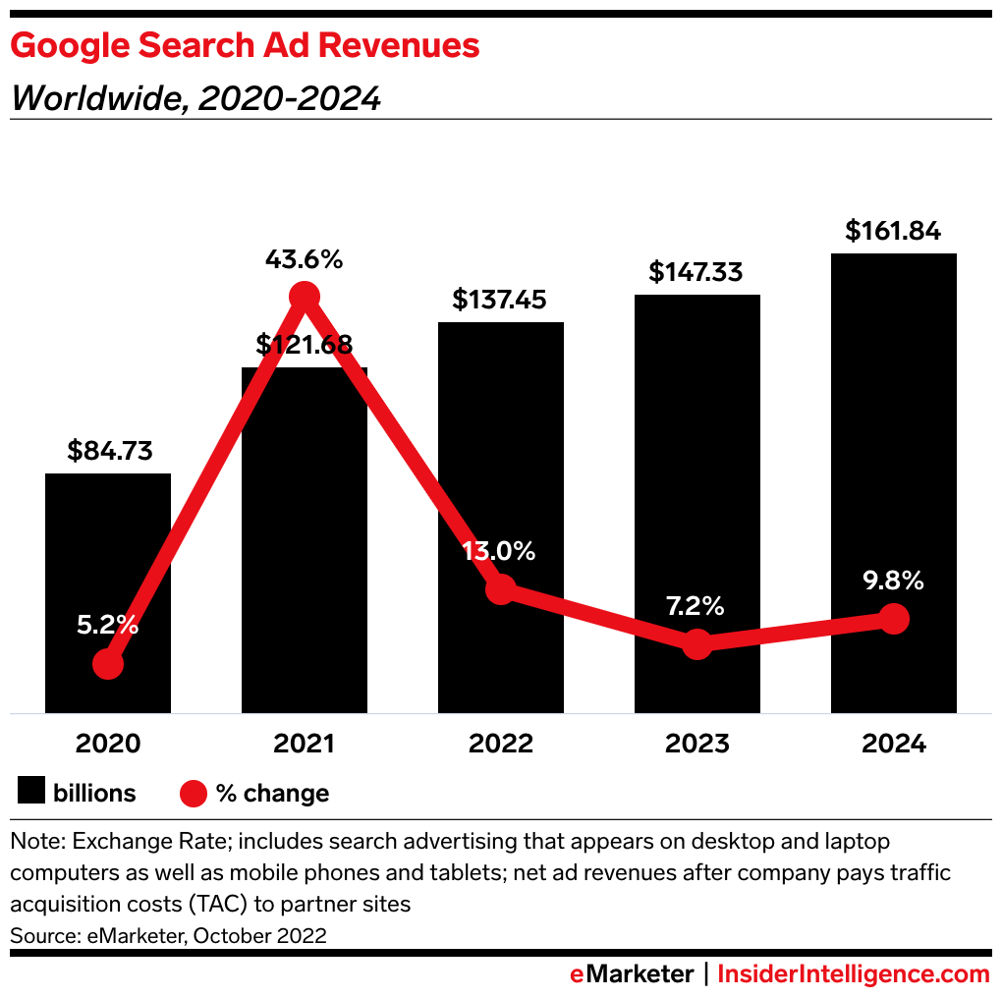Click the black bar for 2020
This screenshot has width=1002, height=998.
[108, 550]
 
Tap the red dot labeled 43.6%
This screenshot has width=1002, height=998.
[304, 296]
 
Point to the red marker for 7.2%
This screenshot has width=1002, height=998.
[696, 644]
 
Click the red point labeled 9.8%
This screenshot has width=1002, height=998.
[893, 618]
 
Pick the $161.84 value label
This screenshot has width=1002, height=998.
[893, 232]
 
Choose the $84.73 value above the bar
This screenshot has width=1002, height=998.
[108, 451]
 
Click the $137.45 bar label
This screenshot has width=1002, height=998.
[500, 300]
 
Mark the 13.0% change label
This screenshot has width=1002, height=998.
[500, 551]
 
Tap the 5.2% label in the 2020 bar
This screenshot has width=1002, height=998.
[108, 625]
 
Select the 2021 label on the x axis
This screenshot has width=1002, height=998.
[304, 744]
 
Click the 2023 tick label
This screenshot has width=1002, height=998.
[696, 744]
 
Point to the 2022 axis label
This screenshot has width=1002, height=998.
[500, 744]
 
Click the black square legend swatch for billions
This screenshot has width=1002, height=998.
[32, 792]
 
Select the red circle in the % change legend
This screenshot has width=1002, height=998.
[194, 793]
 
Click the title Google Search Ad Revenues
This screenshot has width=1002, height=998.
[245, 46]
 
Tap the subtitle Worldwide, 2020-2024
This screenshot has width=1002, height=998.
[195, 98]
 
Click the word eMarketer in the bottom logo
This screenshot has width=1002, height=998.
[632, 974]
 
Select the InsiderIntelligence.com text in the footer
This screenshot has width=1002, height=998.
[854, 974]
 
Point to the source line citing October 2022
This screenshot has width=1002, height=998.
[168, 935]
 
